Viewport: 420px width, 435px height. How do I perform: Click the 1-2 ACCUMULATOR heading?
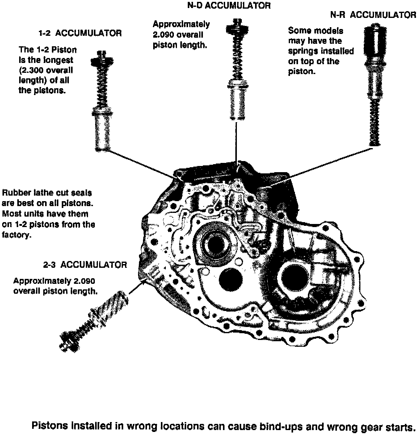(80, 33)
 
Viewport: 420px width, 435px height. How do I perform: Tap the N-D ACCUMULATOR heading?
(229, 6)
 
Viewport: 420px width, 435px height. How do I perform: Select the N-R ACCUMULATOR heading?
(373, 15)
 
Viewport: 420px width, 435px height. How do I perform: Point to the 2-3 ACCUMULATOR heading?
(85, 265)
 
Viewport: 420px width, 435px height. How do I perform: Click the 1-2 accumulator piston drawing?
(102, 102)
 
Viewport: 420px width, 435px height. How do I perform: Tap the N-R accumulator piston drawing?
(375, 86)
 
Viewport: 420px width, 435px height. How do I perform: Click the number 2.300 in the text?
(33, 70)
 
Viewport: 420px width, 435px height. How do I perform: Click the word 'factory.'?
(17, 235)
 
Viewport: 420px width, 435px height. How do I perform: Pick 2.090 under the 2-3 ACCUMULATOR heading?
(84, 281)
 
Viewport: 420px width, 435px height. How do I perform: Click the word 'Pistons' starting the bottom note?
(50, 426)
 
